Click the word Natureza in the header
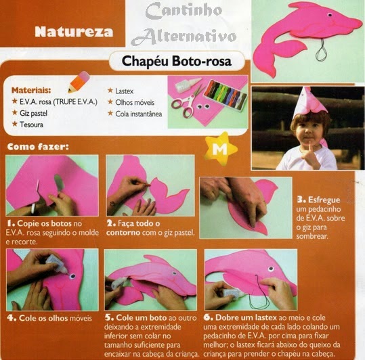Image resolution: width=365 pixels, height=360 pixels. coord(74,31)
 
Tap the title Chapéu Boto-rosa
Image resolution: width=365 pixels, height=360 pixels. coord(177,62)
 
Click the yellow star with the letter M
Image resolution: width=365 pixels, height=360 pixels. coord(220,148)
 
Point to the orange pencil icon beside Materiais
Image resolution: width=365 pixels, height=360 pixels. coord(79,82)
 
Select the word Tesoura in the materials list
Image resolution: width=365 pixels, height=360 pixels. coord(31,125)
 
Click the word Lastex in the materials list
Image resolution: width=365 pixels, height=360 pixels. coord(125,91)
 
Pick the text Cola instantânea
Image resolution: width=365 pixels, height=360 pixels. coord(139,114)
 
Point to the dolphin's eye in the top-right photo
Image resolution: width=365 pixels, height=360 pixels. coord(330,15)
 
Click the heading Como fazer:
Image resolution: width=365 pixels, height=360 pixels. coord(38,147)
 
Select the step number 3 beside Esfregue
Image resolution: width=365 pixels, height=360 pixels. coord(301,200)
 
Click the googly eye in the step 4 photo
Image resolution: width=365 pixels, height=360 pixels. coord(73,276)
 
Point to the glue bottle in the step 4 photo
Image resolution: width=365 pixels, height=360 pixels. coord(58,263)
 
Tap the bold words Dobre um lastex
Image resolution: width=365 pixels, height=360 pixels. coord(246,317)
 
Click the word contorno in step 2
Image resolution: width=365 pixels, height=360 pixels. coord(123,233)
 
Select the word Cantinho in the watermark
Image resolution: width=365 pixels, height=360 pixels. coord(184,11)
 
